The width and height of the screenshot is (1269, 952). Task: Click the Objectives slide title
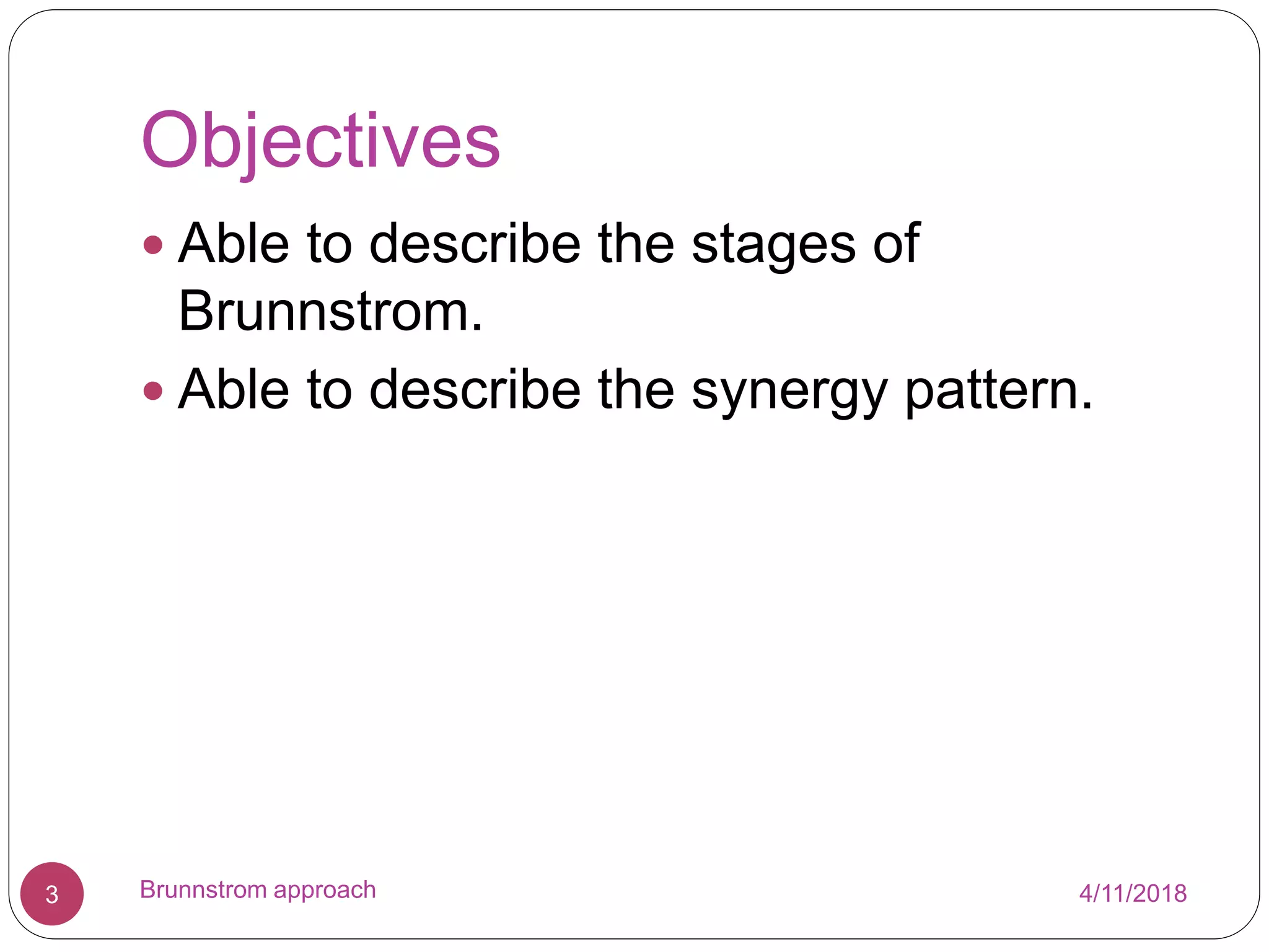click(320, 141)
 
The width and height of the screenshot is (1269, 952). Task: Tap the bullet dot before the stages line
click(152, 245)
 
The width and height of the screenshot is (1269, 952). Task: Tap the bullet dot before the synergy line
click(152, 391)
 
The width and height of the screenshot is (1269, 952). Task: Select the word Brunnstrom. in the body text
click(330, 312)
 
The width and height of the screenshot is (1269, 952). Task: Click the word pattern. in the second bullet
click(998, 391)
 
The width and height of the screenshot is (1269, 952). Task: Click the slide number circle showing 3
click(52, 893)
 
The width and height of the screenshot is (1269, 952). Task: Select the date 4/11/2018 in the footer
click(1133, 893)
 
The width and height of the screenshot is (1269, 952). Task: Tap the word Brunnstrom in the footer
click(203, 889)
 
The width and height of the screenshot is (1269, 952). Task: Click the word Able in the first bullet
click(234, 244)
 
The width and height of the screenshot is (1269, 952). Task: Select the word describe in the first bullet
click(475, 244)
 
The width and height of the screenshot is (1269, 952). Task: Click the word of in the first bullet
click(896, 244)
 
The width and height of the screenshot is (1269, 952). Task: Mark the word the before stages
click(636, 244)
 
